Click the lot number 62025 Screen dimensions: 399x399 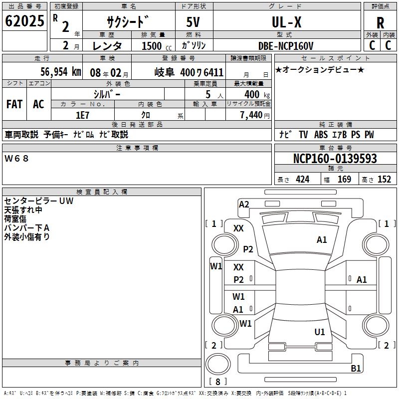coord(24,21)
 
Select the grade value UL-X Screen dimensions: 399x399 coord(286,22)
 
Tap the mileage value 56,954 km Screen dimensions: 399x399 coord(61,72)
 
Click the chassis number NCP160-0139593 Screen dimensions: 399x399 coord(335,158)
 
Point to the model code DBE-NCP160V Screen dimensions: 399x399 coord(286,46)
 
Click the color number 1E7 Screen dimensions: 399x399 coord(82,115)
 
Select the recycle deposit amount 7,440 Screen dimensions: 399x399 coord(251,115)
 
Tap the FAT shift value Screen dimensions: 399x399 coord(14,104)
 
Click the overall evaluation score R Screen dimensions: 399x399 coord(380,23)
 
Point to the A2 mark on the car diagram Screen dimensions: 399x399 coord(244,204)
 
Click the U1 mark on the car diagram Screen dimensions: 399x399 coord(320,332)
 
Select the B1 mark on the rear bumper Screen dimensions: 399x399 coord(356,368)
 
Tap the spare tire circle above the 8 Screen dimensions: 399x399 coord(218,364)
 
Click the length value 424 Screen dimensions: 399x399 coord(303,180)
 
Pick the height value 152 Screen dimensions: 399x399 coord(384,180)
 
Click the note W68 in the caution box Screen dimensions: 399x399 coord(16,159)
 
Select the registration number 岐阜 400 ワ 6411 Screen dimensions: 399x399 coord(189,72)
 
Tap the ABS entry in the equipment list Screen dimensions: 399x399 coord(321,135)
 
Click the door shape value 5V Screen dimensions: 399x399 coord(193,22)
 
